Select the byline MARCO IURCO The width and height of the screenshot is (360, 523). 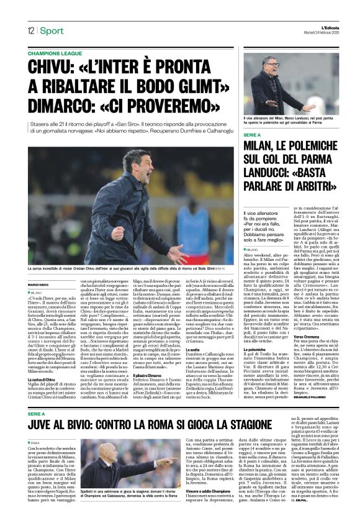(x=38, y=285)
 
